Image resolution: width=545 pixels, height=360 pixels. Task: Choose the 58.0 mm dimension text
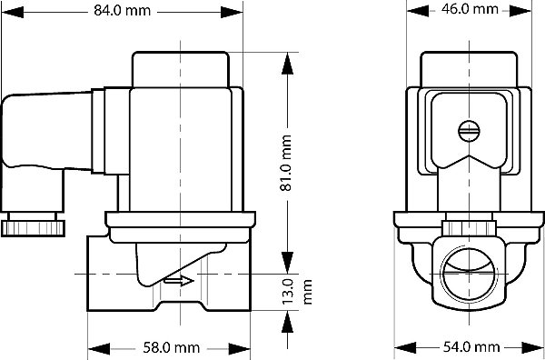pos(171,347)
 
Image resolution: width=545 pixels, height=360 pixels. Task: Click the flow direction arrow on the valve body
pos(180,282)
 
